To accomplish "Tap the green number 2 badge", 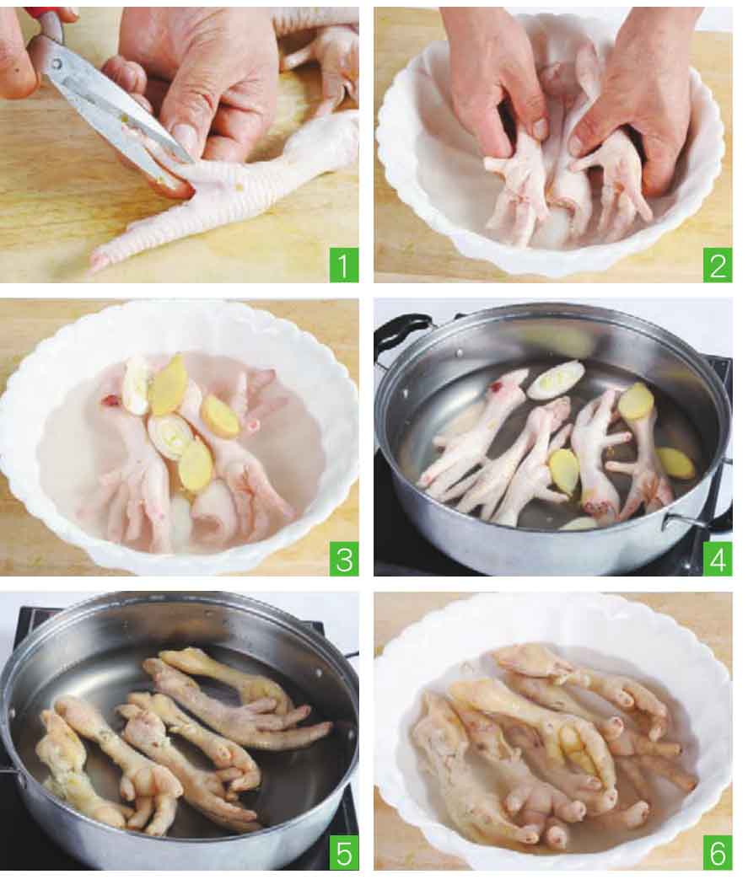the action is pyautogui.click(x=718, y=265).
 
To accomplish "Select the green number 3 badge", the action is pyautogui.click(x=344, y=560).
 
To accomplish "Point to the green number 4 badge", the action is pyautogui.click(x=718, y=560).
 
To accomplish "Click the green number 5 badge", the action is pyautogui.click(x=344, y=854).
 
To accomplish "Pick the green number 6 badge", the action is pyautogui.click(x=718, y=854).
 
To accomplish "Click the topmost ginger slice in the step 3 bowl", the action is pyautogui.click(x=168, y=377).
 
